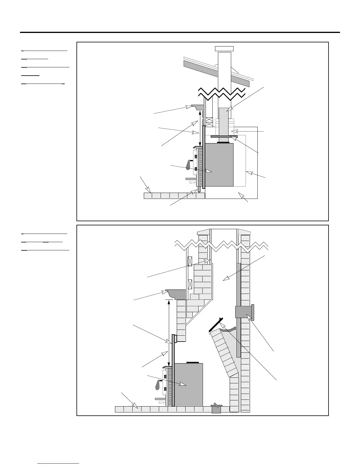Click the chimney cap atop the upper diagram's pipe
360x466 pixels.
(x=224, y=49)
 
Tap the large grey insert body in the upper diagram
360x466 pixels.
(x=219, y=165)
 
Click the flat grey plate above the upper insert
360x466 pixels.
(x=224, y=137)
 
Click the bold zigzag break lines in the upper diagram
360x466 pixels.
(x=222, y=92)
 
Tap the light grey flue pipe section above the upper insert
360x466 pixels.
(x=224, y=121)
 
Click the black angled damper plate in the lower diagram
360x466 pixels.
(x=216, y=324)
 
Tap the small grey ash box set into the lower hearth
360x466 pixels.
(x=216, y=409)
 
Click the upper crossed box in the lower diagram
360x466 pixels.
(x=190, y=261)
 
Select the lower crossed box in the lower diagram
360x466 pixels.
(x=190, y=284)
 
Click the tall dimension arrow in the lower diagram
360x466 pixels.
(x=169, y=332)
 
